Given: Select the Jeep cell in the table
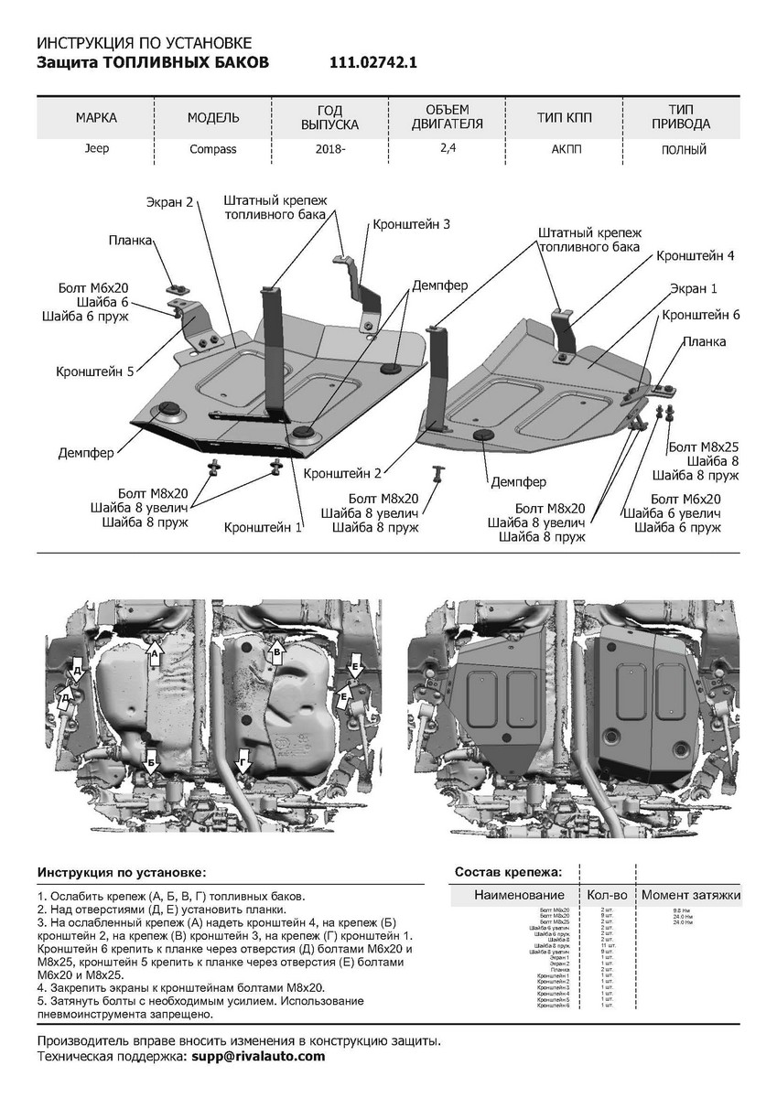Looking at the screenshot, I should (96, 148).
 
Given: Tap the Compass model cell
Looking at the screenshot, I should (213, 149).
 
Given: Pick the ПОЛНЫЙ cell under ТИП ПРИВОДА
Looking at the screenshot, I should (684, 149).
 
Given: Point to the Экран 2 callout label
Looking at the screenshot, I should (170, 201).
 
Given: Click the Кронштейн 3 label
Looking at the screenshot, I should (411, 224).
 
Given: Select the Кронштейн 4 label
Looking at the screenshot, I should (696, 255).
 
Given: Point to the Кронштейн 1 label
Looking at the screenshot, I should (264, 528).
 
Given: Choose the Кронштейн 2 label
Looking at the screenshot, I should (343, 474).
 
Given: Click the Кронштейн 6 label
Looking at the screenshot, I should (701, 315).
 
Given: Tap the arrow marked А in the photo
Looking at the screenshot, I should (155, 653).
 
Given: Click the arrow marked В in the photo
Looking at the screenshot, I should (275, 652).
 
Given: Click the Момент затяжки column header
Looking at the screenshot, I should (690, 895).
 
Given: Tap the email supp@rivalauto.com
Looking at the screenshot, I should (258, 1056).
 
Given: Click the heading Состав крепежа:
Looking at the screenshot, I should (508, 872).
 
